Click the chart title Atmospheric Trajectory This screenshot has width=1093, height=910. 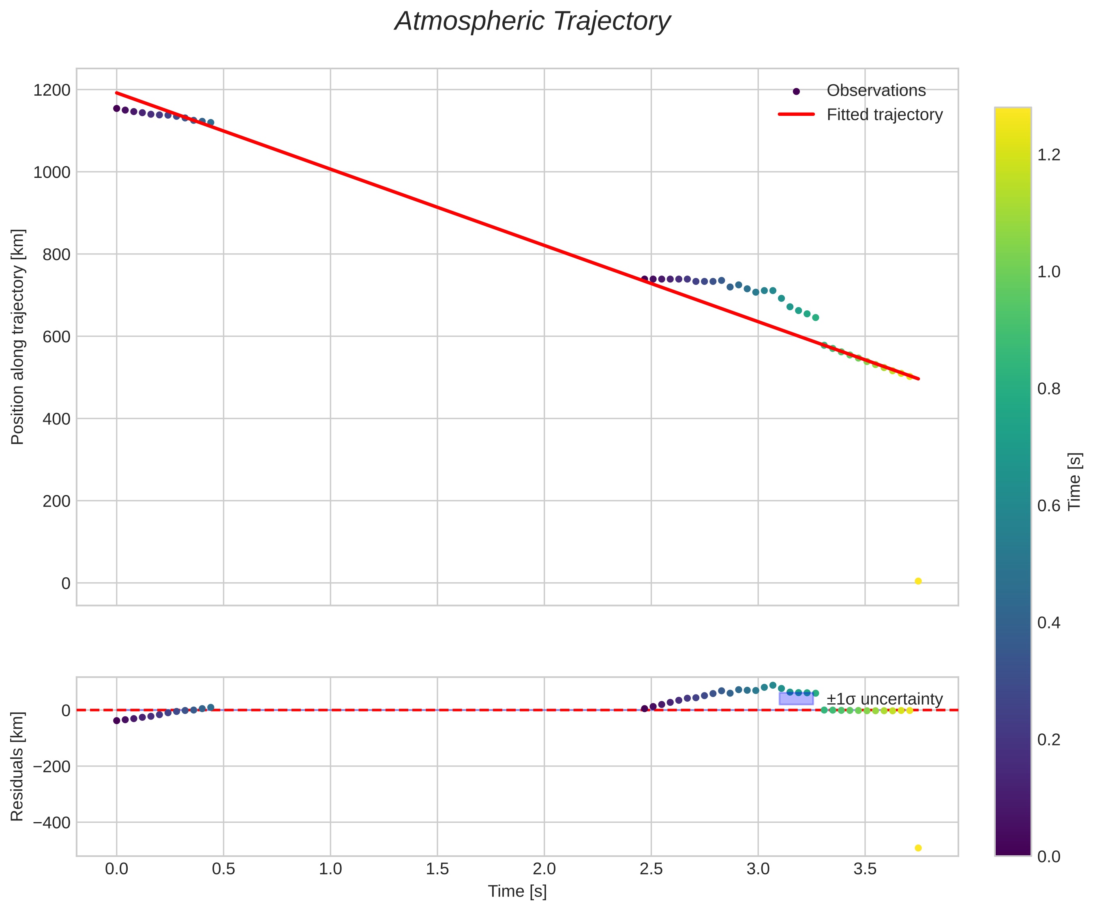click(532, 22)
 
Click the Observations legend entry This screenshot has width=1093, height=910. click(876, 90)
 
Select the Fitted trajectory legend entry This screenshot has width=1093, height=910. click(884, 115)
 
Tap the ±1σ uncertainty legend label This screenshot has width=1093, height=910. click(884, 699)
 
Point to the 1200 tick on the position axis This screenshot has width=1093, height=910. click(51, 90)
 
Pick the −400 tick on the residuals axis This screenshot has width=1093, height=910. click(51, 822)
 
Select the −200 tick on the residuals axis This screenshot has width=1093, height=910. click(51, 767)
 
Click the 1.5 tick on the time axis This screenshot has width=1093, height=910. click(437, 869)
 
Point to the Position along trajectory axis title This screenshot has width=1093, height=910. click(18, 337)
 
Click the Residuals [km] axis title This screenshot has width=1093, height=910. click(18, 767)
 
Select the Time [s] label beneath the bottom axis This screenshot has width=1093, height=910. click(517, 891)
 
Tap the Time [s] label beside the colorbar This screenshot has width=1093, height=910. click(1075, 481)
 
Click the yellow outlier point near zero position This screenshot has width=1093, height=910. click(918, 581)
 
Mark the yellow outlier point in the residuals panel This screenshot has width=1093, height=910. click(918, 848)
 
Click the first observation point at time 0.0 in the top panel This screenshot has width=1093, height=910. click(117, 108)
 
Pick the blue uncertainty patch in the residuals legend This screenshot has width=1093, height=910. click(796, 699)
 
